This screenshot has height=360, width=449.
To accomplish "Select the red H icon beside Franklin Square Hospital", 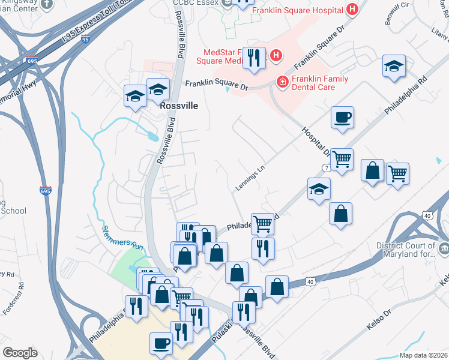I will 352,10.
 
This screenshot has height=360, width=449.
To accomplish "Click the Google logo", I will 20,353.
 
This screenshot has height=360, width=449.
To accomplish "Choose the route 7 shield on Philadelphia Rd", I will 325,166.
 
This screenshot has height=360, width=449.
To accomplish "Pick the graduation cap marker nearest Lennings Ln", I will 319,189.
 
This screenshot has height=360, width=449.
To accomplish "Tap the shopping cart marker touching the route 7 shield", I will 342,160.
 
